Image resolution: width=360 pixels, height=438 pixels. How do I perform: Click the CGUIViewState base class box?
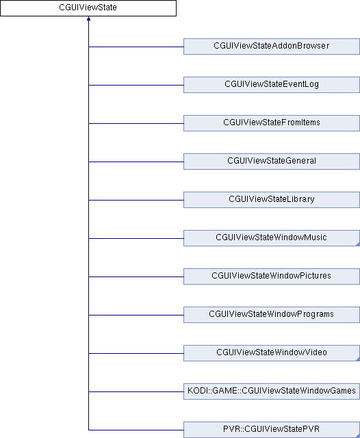(88, 8)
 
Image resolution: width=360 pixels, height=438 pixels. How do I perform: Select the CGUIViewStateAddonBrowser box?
(272, 47)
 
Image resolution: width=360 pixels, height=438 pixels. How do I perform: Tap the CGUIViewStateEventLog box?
(272, 85)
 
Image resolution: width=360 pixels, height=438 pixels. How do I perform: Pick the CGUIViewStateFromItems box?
(272, 123)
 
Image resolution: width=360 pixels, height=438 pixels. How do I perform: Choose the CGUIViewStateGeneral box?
(272, 162)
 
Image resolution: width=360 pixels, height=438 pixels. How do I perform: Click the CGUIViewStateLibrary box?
(272, 200)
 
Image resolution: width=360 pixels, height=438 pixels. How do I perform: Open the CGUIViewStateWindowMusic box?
(272, 238)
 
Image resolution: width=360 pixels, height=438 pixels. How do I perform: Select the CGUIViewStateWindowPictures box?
(272, 276)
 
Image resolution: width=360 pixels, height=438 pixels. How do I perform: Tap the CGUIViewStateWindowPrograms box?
(272, 315)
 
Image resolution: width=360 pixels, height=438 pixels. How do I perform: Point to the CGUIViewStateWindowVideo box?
(272, 353)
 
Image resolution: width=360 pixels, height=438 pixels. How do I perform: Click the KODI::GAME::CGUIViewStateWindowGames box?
(272, 391)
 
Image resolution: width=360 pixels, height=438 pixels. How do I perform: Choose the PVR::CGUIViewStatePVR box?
(272, 430)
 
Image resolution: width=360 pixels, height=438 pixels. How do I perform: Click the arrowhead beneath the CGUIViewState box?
(88, 18)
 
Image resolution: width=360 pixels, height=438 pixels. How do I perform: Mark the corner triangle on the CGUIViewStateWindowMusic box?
(359, 244)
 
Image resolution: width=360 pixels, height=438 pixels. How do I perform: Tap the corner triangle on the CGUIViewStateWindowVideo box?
(359, 359)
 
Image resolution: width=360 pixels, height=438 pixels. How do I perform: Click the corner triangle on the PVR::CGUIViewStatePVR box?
(359, 436)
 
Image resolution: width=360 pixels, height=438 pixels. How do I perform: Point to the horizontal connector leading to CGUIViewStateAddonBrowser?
(136, 47)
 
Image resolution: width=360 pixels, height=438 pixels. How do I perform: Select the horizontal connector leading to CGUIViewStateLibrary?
(136, 200)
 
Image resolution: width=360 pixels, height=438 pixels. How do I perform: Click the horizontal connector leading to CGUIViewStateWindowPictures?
(136, 276)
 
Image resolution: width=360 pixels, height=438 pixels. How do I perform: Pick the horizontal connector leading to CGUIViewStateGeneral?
(136, 162)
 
